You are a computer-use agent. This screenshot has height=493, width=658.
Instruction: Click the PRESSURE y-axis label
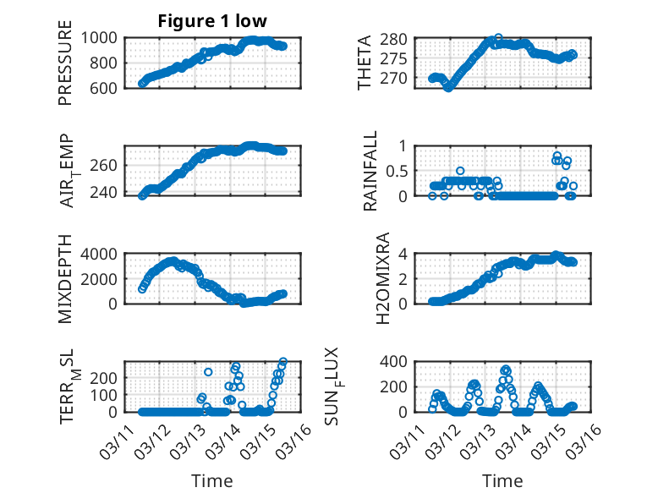(x=65, y=69)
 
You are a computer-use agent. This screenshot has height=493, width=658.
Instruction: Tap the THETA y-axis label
(x=365, y=63)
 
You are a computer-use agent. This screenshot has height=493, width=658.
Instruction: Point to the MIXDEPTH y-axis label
(x=65, y=279)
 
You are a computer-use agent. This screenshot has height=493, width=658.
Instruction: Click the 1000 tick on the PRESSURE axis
(x=104, y=37)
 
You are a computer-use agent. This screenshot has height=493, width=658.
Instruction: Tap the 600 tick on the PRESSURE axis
(x=108, y=87)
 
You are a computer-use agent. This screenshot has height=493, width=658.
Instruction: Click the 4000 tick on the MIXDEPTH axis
(x=104, y=254)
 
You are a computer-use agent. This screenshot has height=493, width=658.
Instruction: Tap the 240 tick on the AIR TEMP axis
(x=108, y=192)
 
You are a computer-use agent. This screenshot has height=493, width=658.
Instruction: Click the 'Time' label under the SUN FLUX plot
(x=502, y=481)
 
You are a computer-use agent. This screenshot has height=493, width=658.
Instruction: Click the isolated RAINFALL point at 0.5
(x=460, y=171)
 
